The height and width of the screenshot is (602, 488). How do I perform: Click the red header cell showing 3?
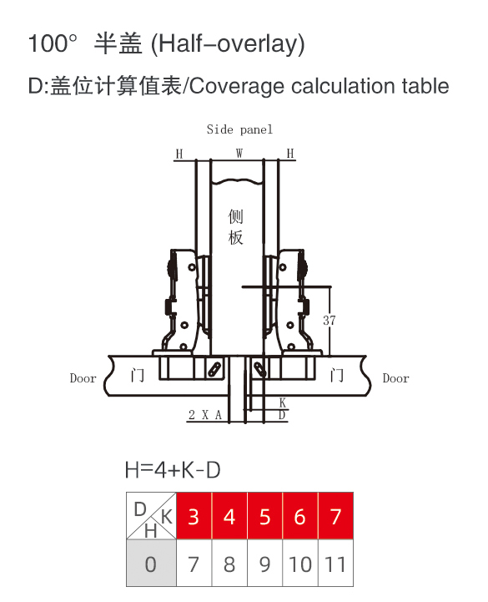194,516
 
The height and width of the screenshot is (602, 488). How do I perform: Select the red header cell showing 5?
264,516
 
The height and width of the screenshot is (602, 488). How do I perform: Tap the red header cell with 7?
335,516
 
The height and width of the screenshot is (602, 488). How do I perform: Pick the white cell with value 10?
300,563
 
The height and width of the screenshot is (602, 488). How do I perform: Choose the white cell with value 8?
229,563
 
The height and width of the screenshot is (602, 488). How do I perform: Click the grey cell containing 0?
151,563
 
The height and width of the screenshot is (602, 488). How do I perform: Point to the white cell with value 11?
335,563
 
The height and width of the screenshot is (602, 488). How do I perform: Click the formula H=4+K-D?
173,470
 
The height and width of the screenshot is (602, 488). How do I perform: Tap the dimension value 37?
330,320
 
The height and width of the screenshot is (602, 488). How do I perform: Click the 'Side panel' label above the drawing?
239,129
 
